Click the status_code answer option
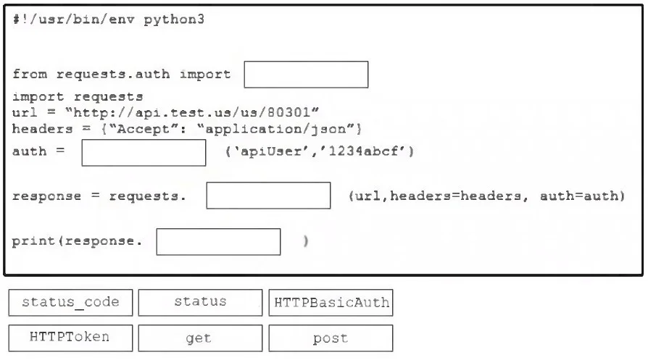[x=70, y=303]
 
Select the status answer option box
[x=201, y=303]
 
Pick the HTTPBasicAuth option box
[x=331, y=303]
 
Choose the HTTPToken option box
[x=70, y=338]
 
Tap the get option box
[x=201, y=338]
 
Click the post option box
[x=331, y=338]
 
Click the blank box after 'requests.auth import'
[x=306, y=75]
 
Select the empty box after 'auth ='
[x=144, y=153]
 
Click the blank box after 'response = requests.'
[x=269, y=196]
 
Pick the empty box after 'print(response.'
[x=219, y=242]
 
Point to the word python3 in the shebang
[x=174, y=20]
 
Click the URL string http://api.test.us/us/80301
[x=192, y=112]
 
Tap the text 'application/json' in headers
[x=275, y=129]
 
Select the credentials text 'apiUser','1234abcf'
[x=319, y=151]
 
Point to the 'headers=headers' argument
[x=455, y=196]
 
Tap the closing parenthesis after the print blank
[x=305, y=241]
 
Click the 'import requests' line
[x=78, y=96]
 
